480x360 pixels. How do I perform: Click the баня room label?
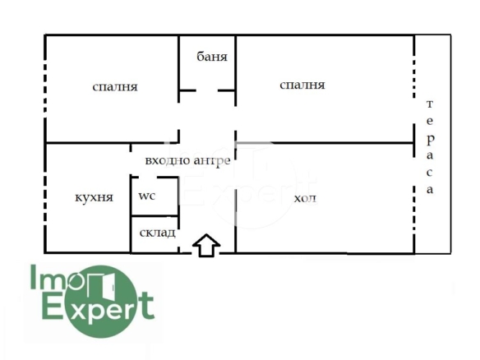pos(212,57)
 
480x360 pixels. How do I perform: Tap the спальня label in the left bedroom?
pos(115,87)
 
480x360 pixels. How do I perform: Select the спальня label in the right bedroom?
pos(302,85)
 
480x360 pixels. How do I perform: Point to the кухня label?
pos(94,198)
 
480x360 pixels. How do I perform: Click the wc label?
pos(147,196)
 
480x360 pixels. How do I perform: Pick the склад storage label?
pos(157,233)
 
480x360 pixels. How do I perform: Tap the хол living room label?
pos(305,199)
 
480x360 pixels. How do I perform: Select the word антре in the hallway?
pos(212,161)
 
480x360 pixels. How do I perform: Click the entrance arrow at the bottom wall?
pos(206,245)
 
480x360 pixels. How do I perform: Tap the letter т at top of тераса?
pos(430,104)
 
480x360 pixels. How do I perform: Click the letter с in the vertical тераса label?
pos(430,173)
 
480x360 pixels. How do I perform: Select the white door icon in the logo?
pos(102,284)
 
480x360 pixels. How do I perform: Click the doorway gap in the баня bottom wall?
pos(206,90)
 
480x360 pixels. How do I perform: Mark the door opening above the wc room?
pos(148,178)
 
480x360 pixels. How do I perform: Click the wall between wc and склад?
pos(155,216)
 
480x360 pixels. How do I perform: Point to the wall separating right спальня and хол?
pos(325,143)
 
